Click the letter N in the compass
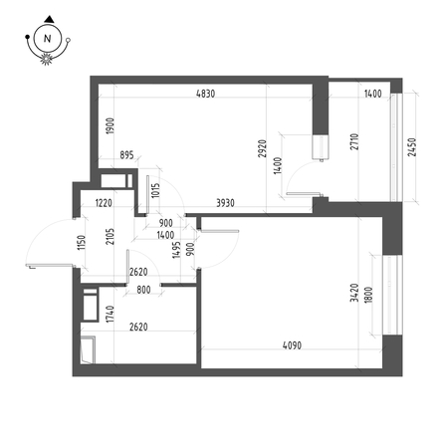coord(48,39)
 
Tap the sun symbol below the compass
coord(47,59)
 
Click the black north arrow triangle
coord(49,19)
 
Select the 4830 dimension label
coord(205,94)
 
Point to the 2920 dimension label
coord(262,148)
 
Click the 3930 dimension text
coord(225,203)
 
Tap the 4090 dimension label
coord(292,345)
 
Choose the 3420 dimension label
coord(354,293)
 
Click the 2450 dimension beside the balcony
coord(411,147)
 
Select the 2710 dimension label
coord(354,141)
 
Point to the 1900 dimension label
coord(111,125)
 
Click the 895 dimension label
coord(126,155)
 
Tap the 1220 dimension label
coord(104,202)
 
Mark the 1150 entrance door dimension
coord(82,243)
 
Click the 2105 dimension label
coord(111,236)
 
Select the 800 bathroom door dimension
coord(143,290)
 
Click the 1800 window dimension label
coord(368,294)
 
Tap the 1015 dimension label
coord(155,190)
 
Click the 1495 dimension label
coord(177,250)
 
